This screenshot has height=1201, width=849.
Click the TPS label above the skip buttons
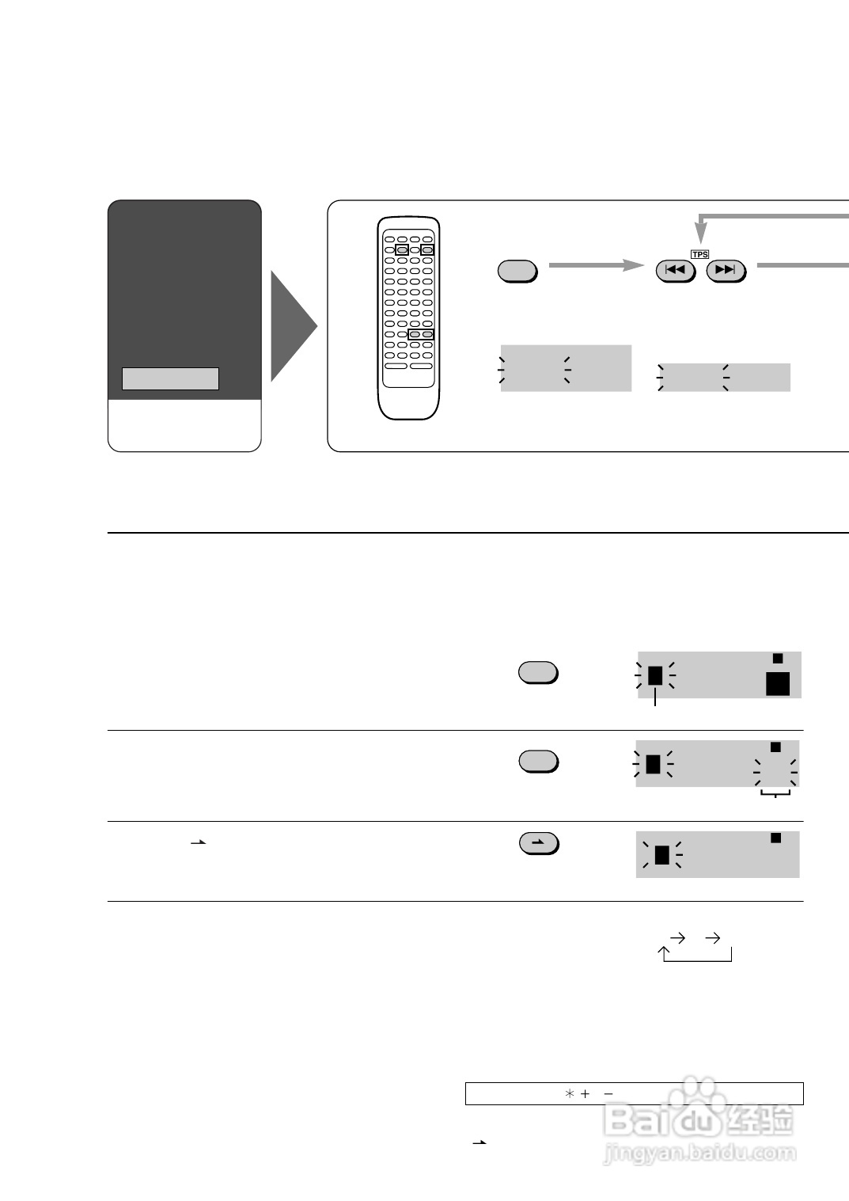tap(699, 254)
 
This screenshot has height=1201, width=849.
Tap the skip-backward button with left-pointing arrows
tap(675, 271)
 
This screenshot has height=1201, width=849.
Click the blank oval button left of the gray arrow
tap(517, 271)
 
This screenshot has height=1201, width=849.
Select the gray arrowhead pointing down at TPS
tap(700, 233)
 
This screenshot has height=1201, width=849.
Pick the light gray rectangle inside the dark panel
tap(170, 378)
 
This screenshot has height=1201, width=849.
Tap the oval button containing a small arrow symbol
tap(538, 843)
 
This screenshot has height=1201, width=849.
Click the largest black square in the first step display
tap(778, 683)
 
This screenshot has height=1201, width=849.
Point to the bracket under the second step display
tap(775, 793)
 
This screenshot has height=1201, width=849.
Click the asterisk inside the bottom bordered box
tap(569, 1093)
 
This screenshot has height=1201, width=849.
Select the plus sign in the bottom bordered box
tap(586, 1093)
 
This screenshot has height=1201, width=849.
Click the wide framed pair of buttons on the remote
tap(421, 334)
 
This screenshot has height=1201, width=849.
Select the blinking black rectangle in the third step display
tap(662, 855)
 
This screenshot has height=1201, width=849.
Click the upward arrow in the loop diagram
tap(664, 952)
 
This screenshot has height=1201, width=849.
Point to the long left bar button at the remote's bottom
tap(396, 366)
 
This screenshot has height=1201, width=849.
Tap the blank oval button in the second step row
tap(538, 761)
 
